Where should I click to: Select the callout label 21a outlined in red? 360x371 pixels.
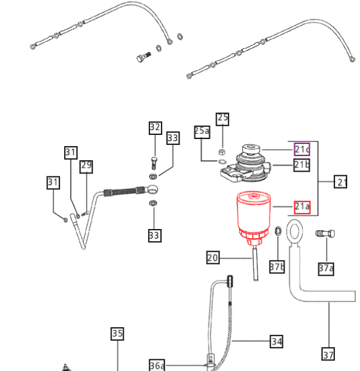click(302, 206)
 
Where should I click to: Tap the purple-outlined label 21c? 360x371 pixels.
click(302, 150)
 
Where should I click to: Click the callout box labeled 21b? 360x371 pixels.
click(302, 165)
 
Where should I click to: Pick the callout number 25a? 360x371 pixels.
click(201, 131)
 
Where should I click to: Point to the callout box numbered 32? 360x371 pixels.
click(155, 127)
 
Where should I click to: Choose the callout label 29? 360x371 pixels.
click(86, 166)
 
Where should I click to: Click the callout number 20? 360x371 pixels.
click(212, 257)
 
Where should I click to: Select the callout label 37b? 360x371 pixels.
click(277, 267)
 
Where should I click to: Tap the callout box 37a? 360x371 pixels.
click(326, 268)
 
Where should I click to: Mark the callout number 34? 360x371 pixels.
click(277, 341)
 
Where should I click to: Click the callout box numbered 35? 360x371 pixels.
click(117, 334)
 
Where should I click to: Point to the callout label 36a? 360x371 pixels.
click(157, 365)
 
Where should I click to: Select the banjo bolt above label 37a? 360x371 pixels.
click(325, 234)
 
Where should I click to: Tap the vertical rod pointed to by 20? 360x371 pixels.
click(255, 264)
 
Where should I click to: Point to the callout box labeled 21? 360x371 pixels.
click(341, 182)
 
